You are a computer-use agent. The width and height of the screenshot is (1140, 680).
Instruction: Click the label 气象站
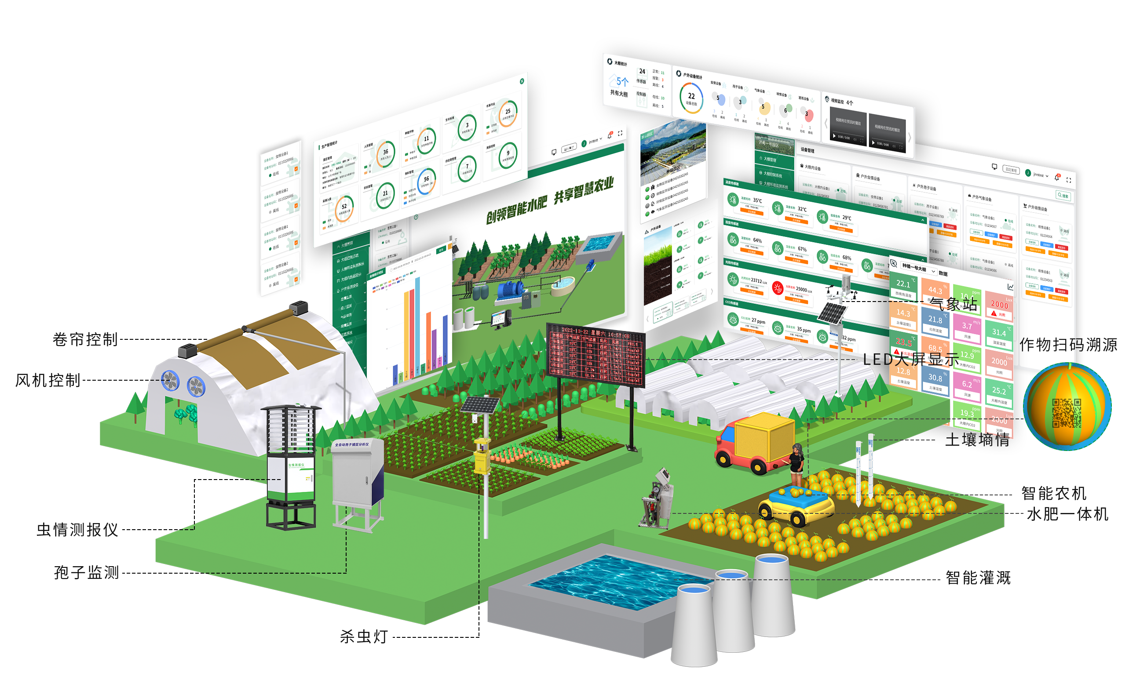point(954,304)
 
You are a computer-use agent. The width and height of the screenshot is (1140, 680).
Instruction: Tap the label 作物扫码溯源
point(1068,345)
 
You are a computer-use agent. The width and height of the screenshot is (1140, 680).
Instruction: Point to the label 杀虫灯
point(363,636)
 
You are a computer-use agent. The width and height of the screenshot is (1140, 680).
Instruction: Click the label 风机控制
point(47,380)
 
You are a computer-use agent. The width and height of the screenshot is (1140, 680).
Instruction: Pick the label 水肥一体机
point(1067,514)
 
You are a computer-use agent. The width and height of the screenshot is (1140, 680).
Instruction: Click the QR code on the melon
point(1066,412)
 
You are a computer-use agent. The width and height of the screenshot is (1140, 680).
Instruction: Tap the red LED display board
point(595,353)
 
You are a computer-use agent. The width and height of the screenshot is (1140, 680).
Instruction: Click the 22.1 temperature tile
point(903,287)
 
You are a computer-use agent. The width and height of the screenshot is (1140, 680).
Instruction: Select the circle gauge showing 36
point(385,154)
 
